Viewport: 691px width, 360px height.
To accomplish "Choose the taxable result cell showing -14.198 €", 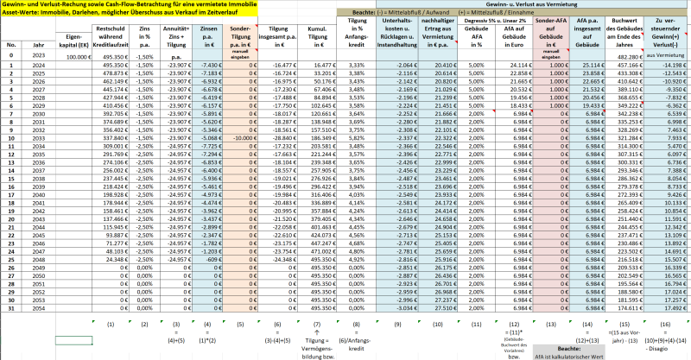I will (x=668, y=64).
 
